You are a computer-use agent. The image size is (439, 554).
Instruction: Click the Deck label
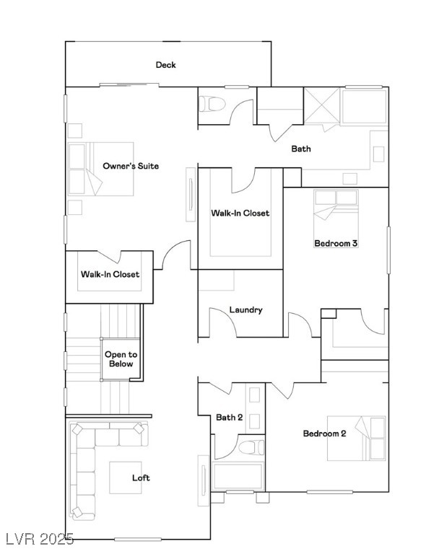(165, 65)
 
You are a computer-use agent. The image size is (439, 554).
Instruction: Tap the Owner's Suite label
(131, 166)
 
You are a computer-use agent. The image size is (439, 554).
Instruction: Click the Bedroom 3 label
(336, 243)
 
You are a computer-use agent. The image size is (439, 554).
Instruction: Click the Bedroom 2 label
(324, 434)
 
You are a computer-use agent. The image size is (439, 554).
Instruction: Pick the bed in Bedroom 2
(357, 438)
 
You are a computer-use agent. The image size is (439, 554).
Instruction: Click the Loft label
(141, 478)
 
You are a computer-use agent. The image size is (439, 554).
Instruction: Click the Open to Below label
(121, 359)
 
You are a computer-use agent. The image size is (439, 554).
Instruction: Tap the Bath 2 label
(229, 417)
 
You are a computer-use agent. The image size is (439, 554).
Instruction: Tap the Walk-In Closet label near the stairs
(110, 274)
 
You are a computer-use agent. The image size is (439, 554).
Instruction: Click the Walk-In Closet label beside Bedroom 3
(240, 213)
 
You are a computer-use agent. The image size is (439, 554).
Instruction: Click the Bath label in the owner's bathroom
(301, 149)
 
